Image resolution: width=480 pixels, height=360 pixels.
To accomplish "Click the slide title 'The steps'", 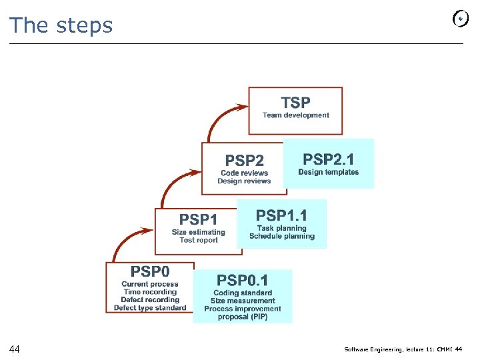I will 61,25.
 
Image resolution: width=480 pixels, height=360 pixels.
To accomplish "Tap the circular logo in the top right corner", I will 460,19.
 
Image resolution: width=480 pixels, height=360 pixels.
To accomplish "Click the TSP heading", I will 295,103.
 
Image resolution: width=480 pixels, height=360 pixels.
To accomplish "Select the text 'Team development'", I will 295,115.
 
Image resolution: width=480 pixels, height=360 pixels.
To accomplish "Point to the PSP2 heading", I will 244,161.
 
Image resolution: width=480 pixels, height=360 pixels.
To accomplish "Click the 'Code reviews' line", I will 244,173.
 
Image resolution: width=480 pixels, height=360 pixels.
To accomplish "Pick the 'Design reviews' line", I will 244,181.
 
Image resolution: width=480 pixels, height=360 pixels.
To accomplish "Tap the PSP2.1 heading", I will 329,159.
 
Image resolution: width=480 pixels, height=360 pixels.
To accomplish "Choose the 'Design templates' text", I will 329,172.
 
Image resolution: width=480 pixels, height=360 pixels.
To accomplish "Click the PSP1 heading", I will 198,219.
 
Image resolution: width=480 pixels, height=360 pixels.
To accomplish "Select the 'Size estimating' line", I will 198,232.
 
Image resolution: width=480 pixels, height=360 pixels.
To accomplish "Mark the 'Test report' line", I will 198,240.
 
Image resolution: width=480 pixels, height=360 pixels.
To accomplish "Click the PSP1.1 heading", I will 282,215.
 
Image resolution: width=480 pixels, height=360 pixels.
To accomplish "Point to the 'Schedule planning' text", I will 282,236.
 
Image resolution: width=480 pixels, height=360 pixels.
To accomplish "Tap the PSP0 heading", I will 150,271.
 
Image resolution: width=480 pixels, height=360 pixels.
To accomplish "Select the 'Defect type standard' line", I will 150,308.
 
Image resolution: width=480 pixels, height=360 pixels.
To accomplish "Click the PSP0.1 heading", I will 243,280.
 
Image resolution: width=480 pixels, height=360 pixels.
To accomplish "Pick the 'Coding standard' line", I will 243,293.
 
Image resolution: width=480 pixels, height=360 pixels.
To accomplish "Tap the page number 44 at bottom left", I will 15,349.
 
